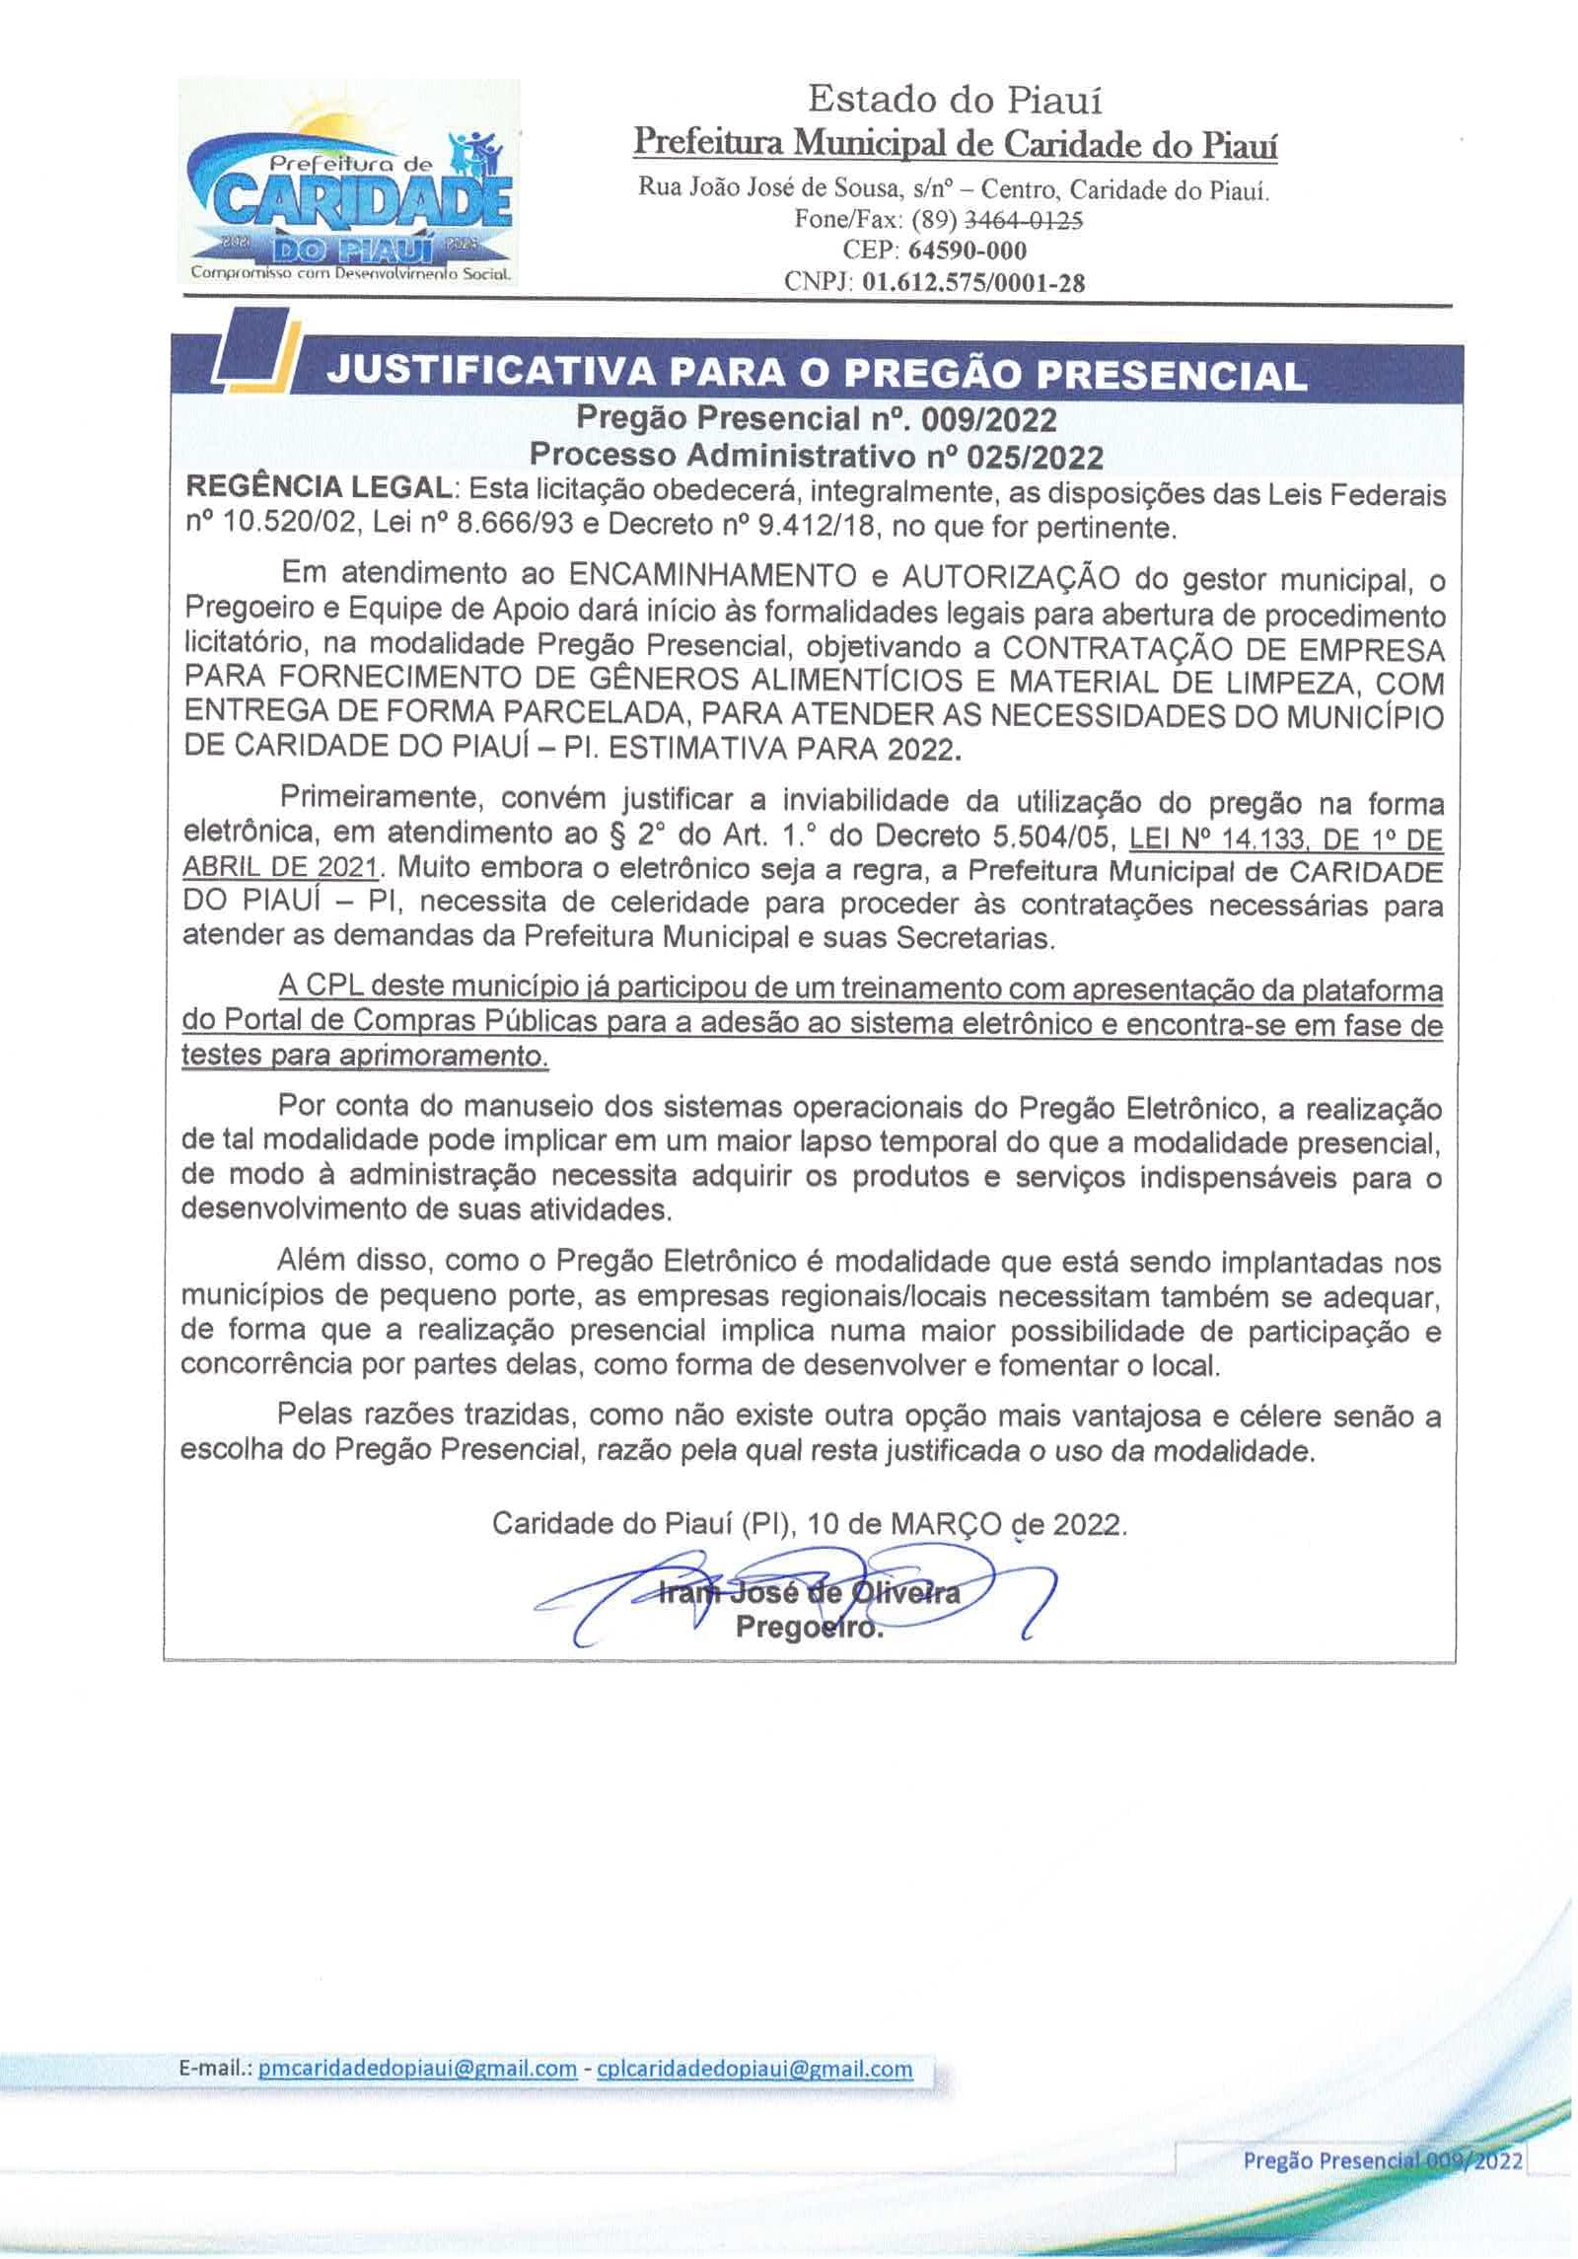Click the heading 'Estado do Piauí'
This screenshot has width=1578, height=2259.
[954, 100]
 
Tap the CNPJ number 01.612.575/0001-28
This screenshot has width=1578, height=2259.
[973, 283]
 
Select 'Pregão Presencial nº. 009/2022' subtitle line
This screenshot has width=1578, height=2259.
[816, 419]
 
